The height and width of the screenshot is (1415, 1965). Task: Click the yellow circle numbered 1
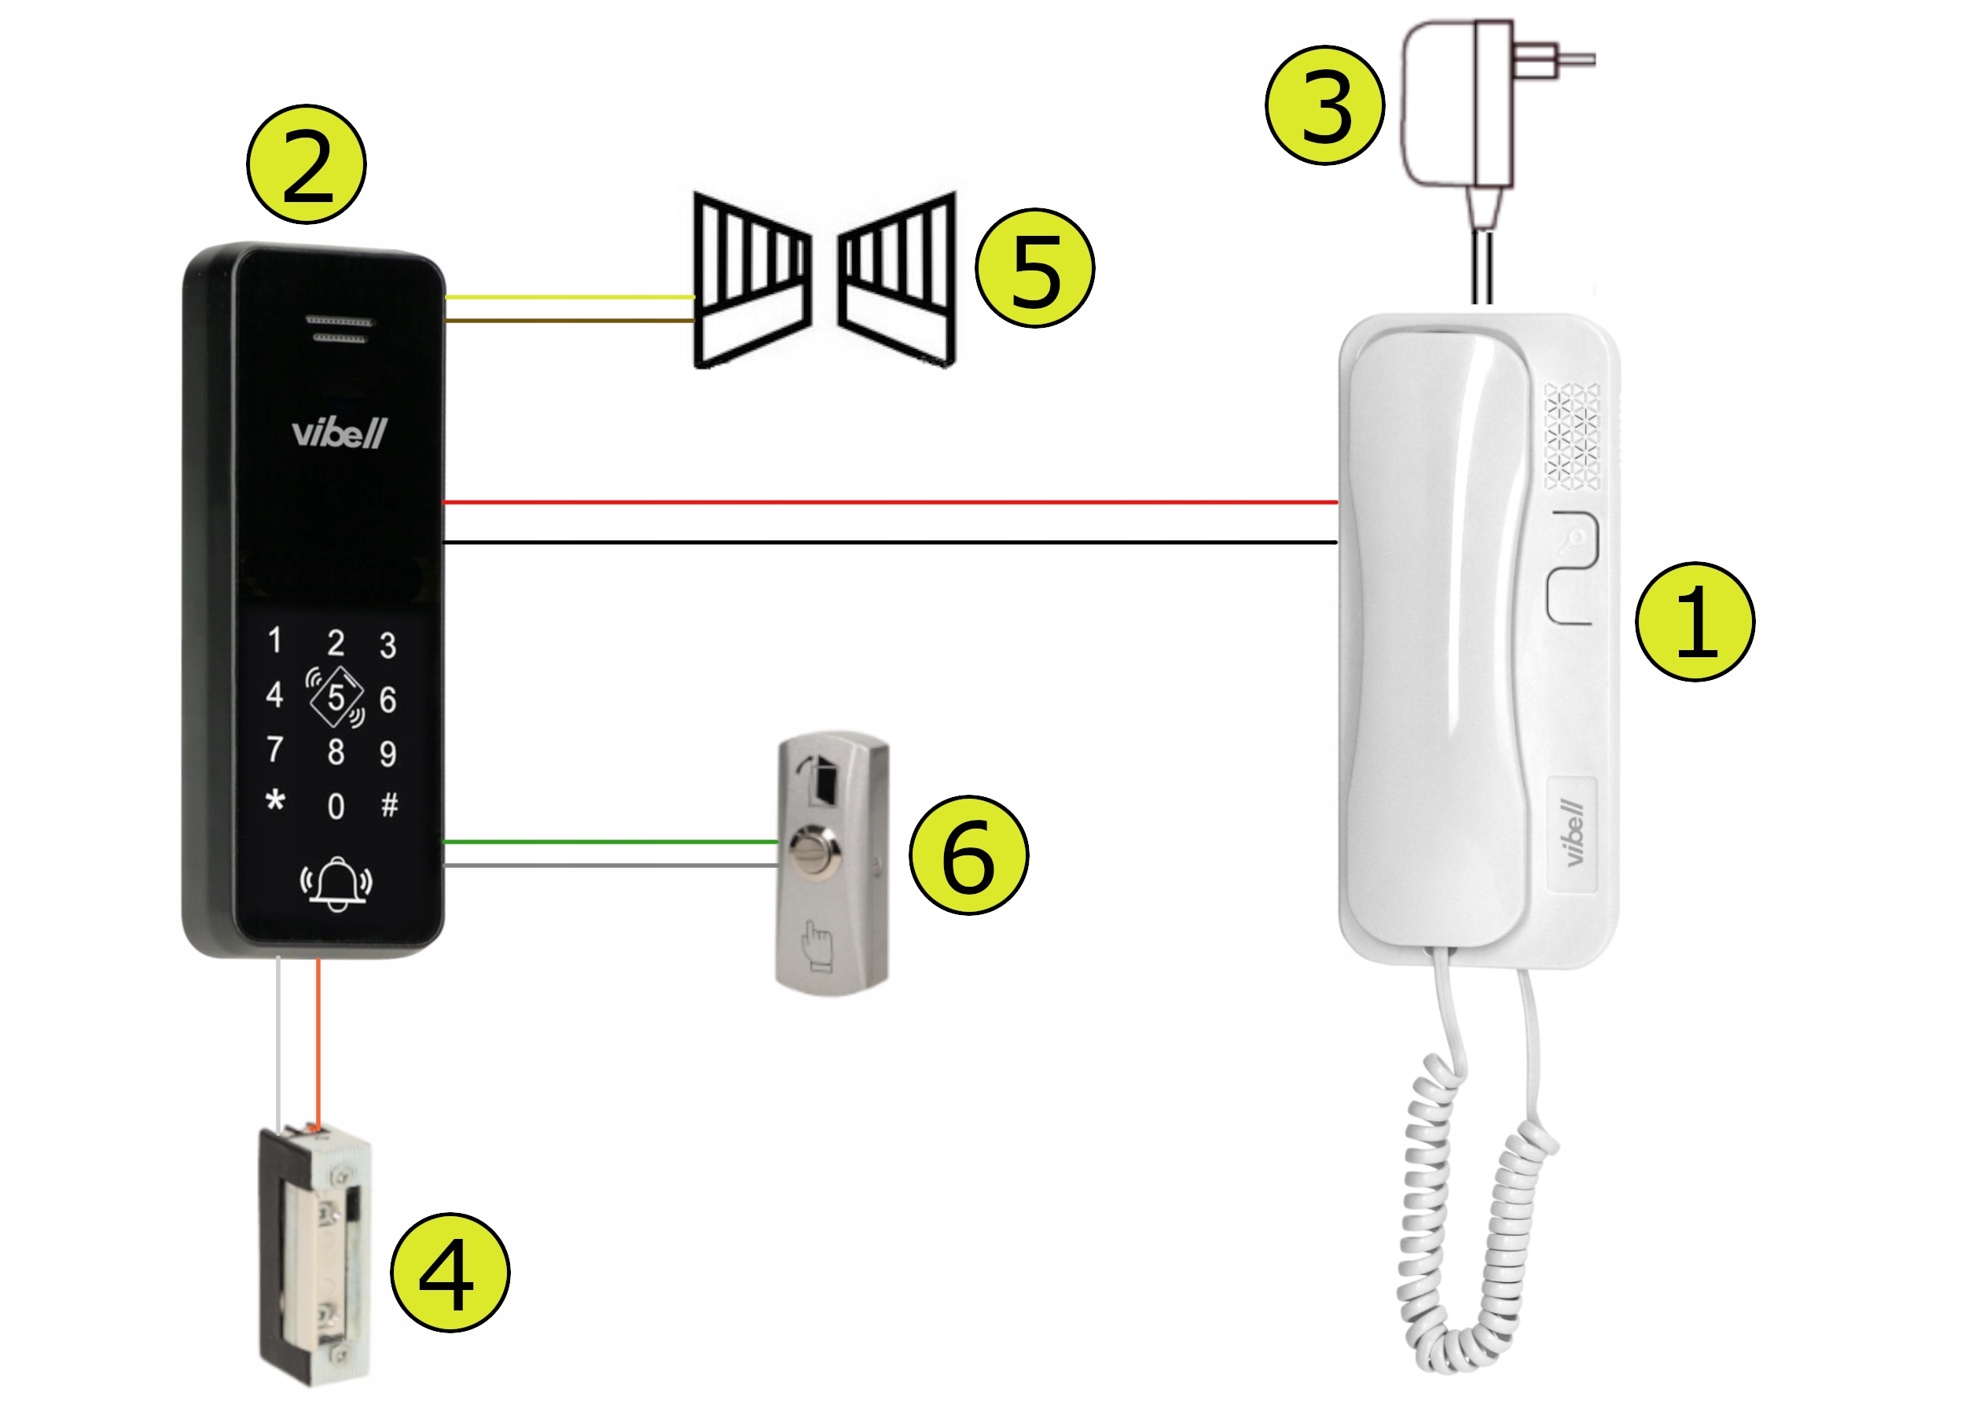click(x=1695, y=621)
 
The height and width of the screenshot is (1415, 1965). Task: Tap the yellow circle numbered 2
click(x=307, y=164)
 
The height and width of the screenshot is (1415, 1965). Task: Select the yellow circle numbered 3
click(x=1324, y=105)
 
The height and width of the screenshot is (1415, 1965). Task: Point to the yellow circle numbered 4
click(x=450, y=1272)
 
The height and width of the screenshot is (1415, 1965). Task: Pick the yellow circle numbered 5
click(x=1034, y=268)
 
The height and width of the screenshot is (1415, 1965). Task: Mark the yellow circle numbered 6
click(x=968, y=855)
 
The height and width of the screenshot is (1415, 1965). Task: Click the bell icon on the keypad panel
click(x=336, y=884)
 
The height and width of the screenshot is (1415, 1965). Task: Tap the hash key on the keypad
click(x=390, y=805)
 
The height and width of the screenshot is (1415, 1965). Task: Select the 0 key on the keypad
click(x=336, y=806)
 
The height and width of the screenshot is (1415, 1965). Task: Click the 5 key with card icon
click(x=336, y=696)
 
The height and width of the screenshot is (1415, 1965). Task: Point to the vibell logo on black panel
click(x=339, y=432)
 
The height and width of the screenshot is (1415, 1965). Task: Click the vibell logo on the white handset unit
click(x=1574, y=832)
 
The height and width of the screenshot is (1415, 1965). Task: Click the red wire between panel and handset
click(x=891, y=502)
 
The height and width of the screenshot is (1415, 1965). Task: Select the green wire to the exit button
click(x=611, y=841)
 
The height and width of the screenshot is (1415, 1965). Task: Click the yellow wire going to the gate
click(x=570, y=297)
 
